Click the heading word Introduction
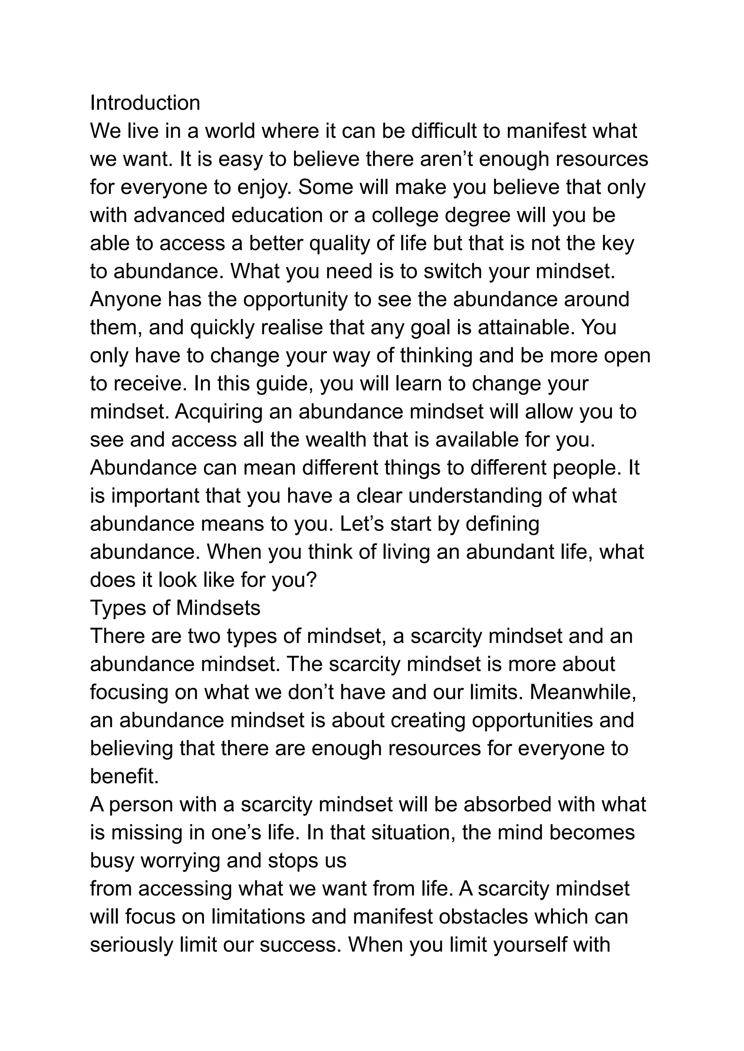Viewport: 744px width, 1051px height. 145,103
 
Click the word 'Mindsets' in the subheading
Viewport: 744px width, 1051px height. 218,609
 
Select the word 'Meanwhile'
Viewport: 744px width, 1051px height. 583,692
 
